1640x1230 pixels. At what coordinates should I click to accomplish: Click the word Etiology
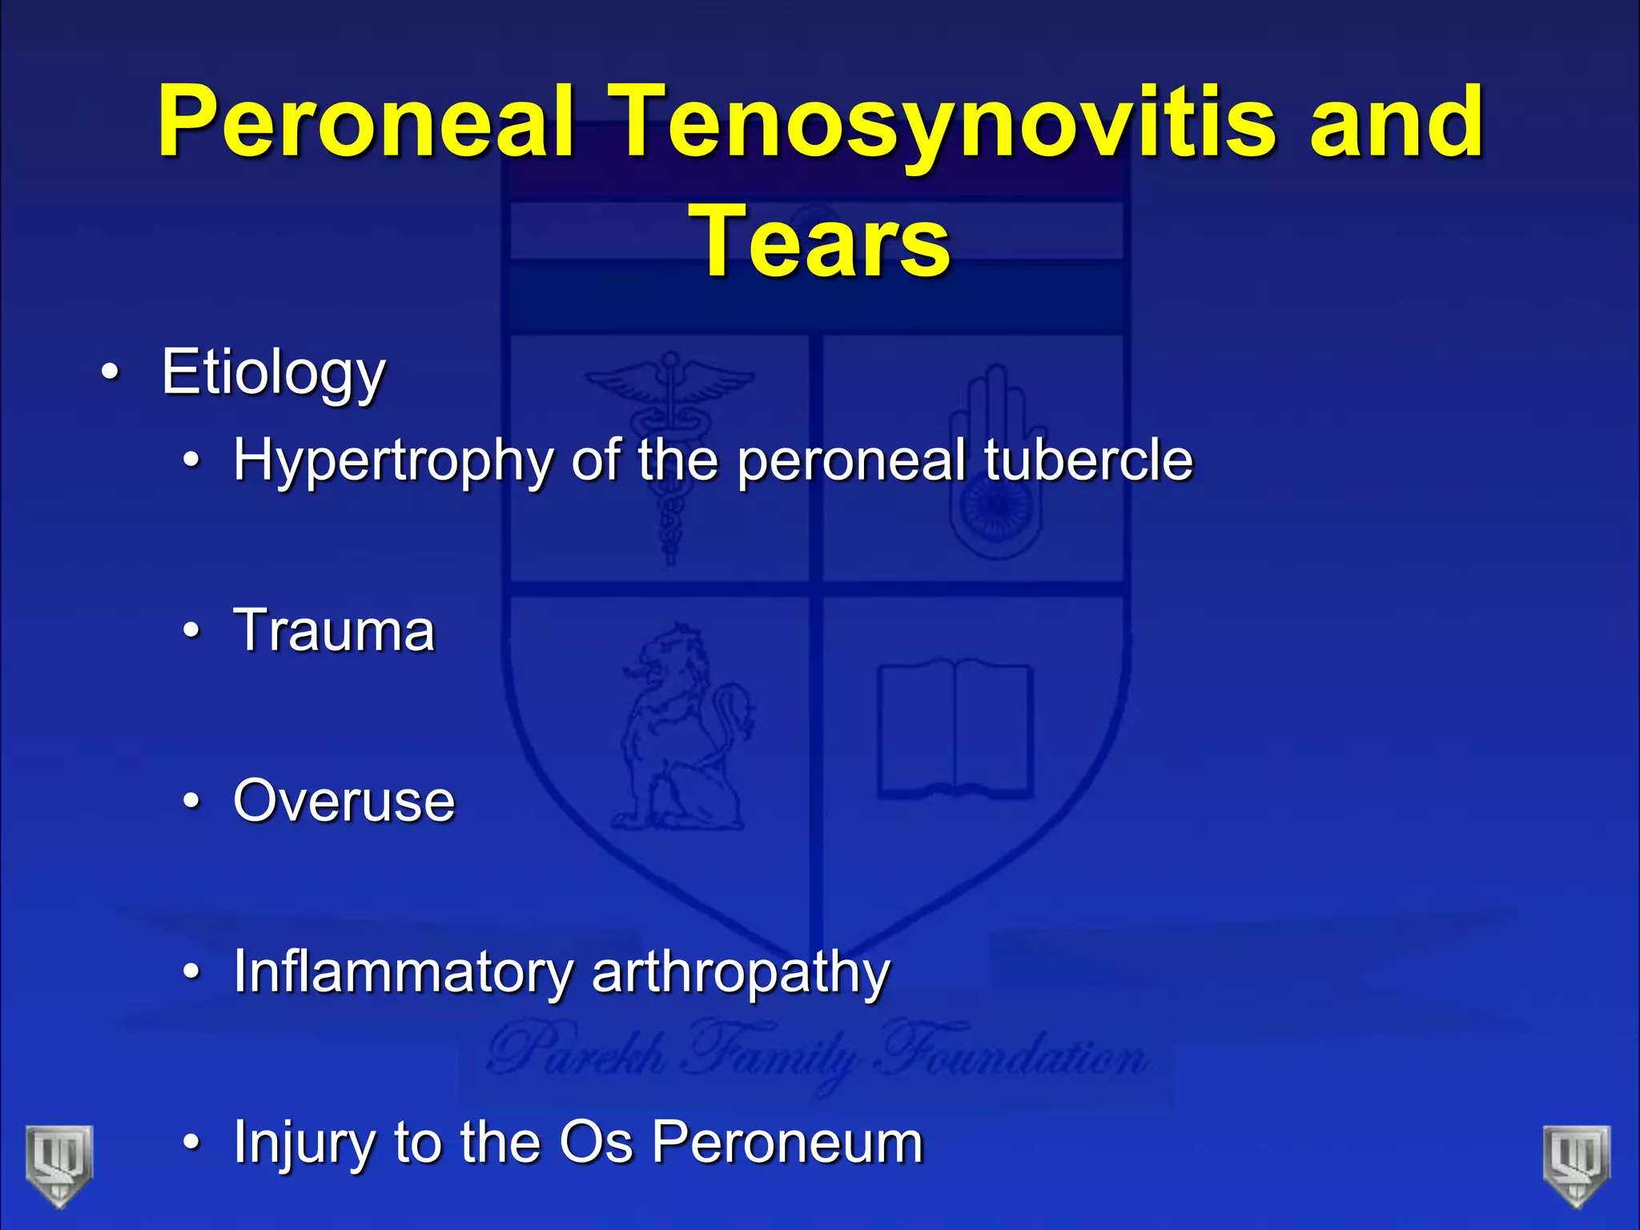coord(273,372)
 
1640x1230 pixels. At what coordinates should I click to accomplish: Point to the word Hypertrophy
coord(392,461)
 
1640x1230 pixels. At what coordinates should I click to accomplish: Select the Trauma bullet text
coord(334,630)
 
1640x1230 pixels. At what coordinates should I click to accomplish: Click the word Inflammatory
coord(402,972)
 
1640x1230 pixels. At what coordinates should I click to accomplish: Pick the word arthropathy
coord(741,972)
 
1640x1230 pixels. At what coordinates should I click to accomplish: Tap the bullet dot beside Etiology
coord(111,372)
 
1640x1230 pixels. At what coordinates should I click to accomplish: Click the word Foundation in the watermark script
coord(1013,1055)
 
